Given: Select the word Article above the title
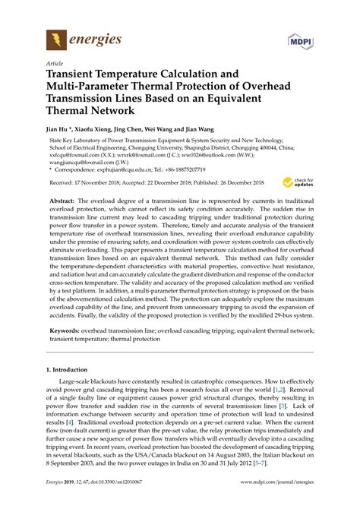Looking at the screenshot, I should [55, 65].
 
